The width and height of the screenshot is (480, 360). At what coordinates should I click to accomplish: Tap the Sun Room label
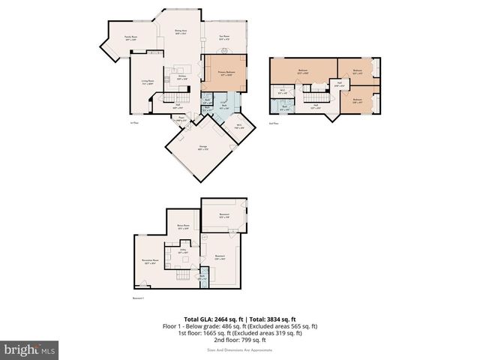click(223, 37)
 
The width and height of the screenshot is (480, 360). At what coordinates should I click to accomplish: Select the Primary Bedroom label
click(225, 73)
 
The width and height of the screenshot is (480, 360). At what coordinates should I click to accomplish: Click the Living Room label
click(148, 82)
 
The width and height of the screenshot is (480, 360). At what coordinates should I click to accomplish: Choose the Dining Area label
click(181, 32)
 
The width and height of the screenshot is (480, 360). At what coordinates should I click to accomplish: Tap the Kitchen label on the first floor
click(181, 77)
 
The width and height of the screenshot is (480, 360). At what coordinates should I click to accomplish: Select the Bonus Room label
click(182, 226)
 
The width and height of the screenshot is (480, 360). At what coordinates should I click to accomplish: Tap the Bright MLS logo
click(30, 349)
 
